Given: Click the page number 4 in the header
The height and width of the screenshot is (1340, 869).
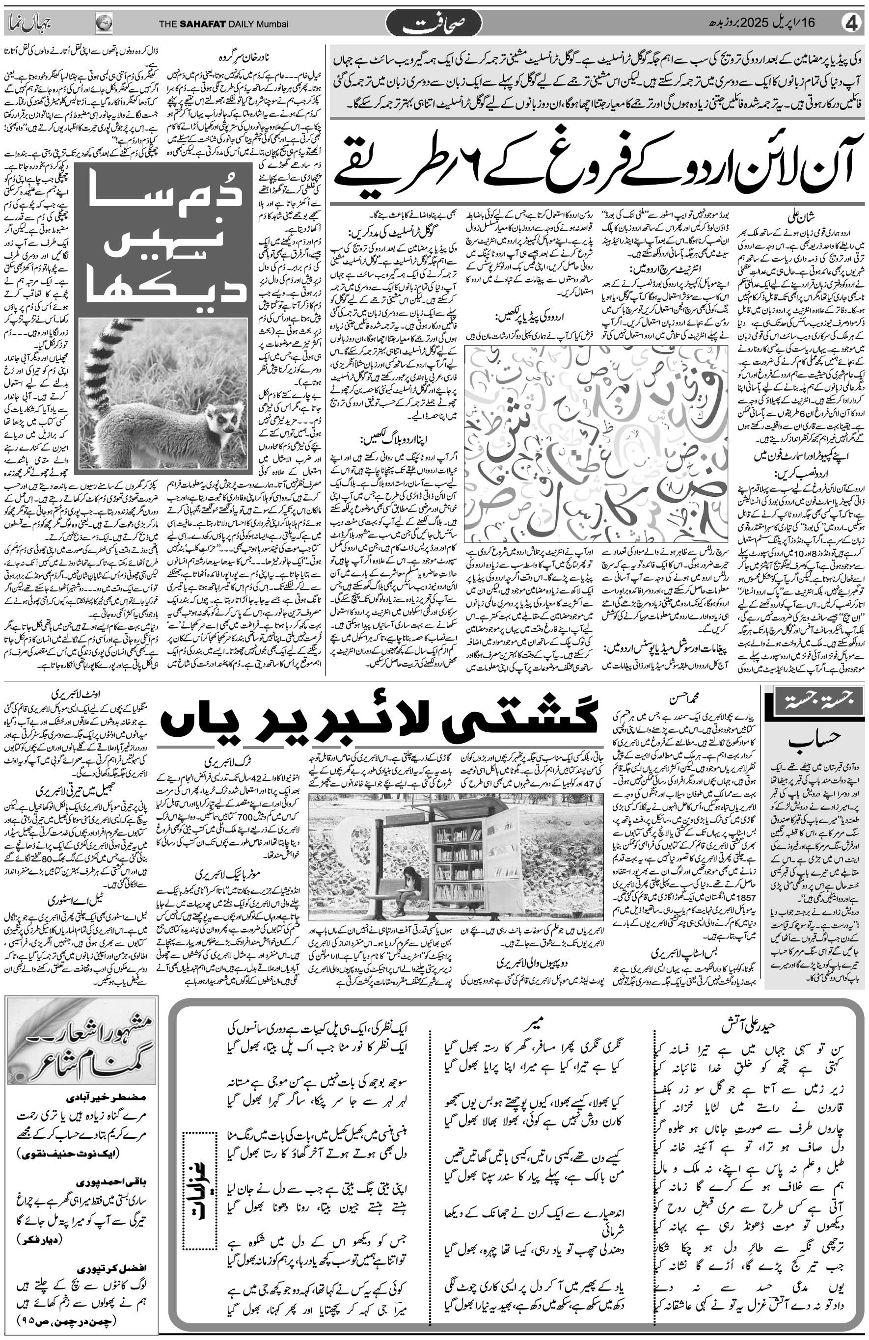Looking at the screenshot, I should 851,23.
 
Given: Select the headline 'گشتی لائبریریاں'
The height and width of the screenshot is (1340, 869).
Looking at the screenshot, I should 378,720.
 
